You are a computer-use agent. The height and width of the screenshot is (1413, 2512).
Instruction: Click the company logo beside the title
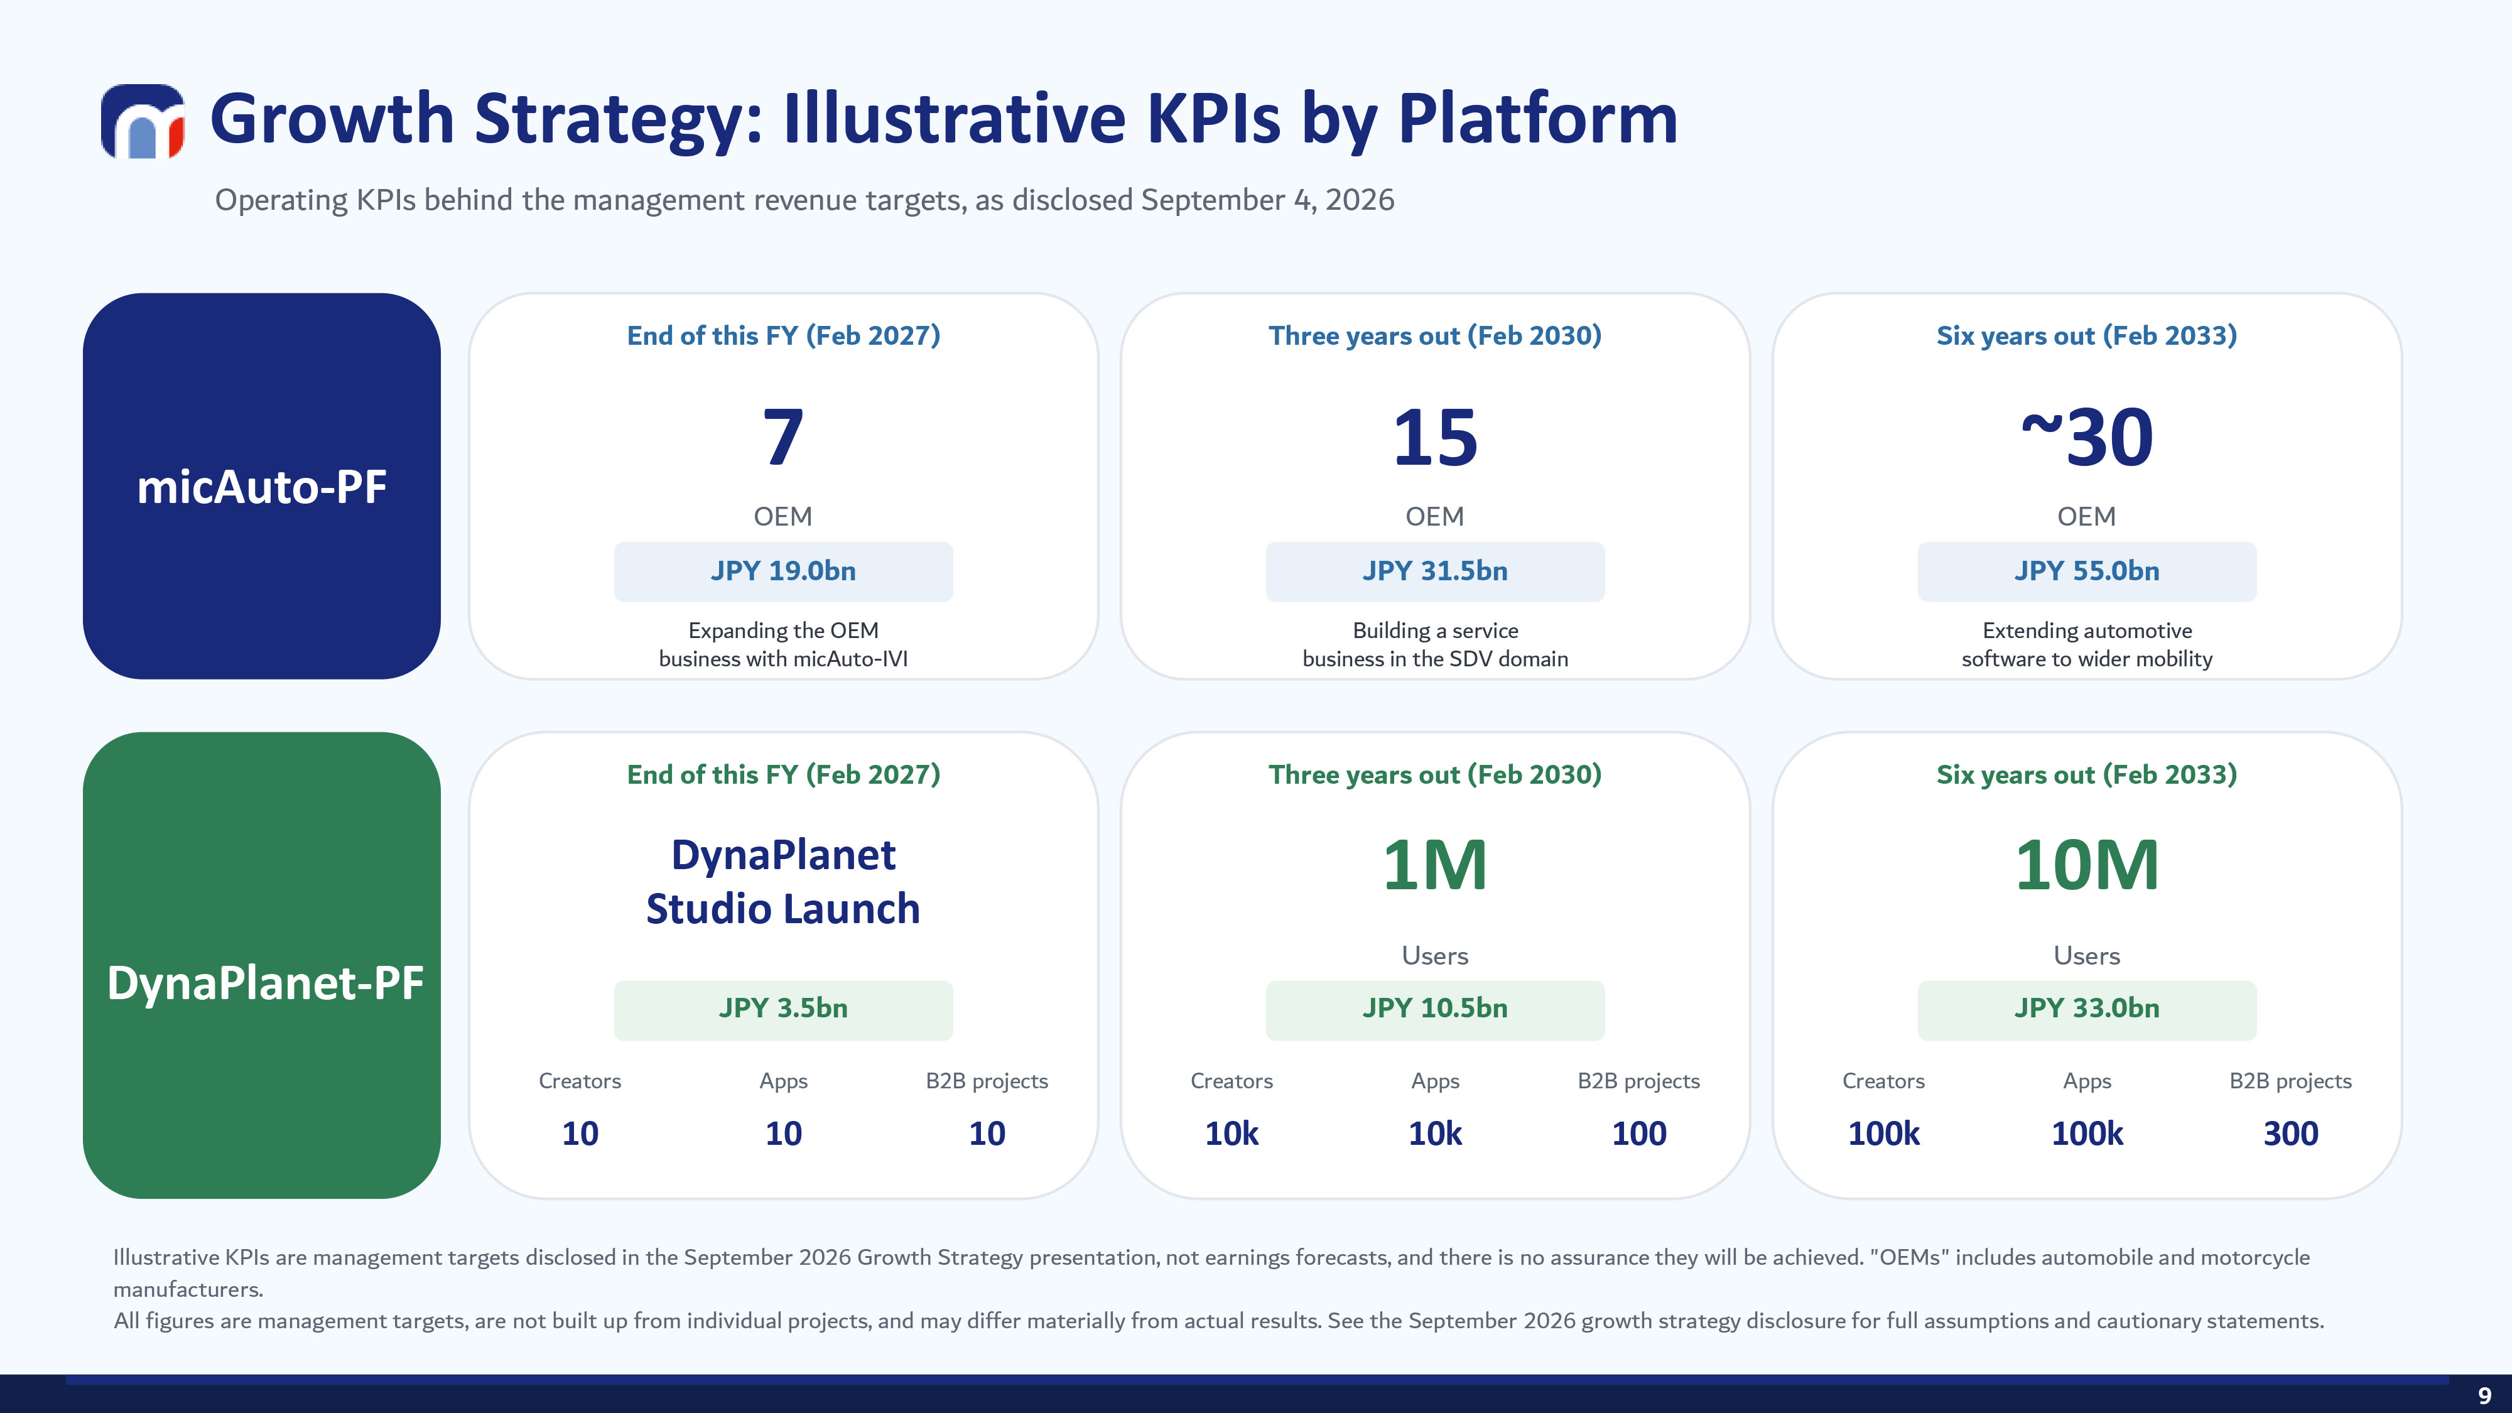point(143,121)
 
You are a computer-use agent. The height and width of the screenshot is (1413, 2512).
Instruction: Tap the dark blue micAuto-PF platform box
point(261,485)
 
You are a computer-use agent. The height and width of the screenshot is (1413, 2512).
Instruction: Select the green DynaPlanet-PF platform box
point(261,965)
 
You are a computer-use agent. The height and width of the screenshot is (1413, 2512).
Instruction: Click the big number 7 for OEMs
point(783,437)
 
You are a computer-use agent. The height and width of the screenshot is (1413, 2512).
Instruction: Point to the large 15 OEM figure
point(1434,437)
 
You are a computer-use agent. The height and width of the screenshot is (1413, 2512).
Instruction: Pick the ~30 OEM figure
point(2087,437)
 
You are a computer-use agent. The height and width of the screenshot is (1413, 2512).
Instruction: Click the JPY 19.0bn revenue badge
point(783,571)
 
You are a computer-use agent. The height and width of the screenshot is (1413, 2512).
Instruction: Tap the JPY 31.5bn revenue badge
point(1434,571)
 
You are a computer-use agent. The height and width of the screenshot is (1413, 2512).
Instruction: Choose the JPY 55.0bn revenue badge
point(2087,571)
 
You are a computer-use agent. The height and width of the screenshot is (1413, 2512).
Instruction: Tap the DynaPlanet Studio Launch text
point(783,882)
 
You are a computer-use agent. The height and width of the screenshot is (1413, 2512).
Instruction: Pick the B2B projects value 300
point(2291,1133)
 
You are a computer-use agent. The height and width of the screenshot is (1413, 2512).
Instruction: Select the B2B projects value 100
point(1639,1133)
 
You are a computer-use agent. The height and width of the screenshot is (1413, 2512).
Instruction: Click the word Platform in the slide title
point(1538,119)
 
